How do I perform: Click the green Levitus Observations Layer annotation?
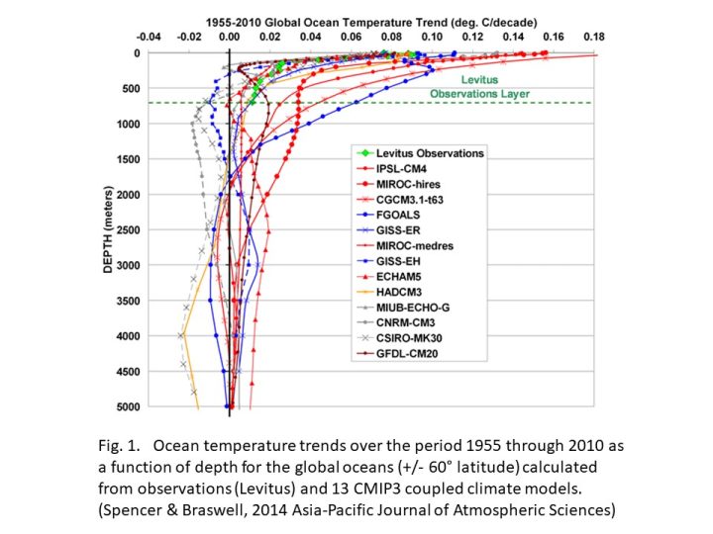click(480, 86)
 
